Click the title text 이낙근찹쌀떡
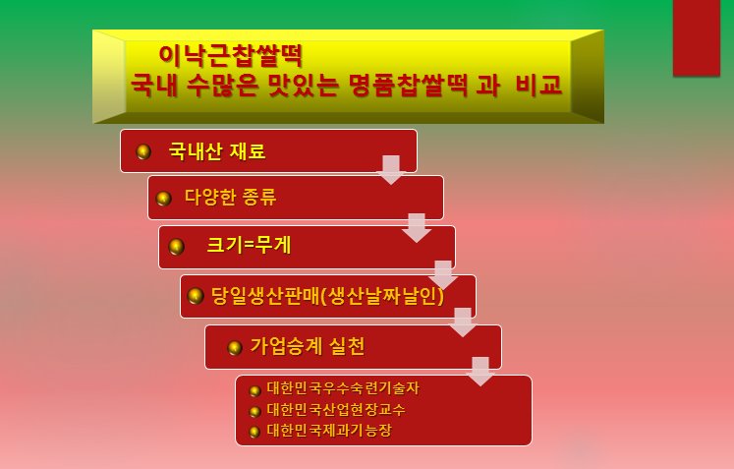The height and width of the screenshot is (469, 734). (231, 55)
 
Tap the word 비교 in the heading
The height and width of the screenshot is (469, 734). (538, 85)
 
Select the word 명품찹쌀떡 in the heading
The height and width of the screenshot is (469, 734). (408, 85)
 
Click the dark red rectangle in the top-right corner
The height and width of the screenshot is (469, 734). (697, 37)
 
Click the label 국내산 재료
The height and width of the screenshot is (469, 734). (217, 151)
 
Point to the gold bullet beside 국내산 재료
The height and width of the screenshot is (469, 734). (143, 151)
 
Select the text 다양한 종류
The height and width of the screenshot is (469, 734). (230, 197)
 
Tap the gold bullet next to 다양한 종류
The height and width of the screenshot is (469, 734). (163, 199)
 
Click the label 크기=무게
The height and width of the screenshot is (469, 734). (249, 245)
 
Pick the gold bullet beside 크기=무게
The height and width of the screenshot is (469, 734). (177, 247)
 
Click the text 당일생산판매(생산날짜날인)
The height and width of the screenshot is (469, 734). (327, 296)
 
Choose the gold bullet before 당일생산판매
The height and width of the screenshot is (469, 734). (196, 296)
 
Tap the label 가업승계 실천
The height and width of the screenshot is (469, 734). (308, 346)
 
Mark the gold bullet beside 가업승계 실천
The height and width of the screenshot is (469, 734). (235, 348)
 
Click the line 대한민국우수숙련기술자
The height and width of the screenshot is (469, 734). (343, 388)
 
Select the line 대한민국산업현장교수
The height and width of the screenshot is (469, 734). (336, 409)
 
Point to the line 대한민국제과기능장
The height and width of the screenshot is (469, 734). (328, 430)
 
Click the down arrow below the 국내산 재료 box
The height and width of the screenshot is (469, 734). (391, 170)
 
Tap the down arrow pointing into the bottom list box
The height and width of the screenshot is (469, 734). (480, 372)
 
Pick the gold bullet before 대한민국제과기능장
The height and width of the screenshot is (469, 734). (254, 432)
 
